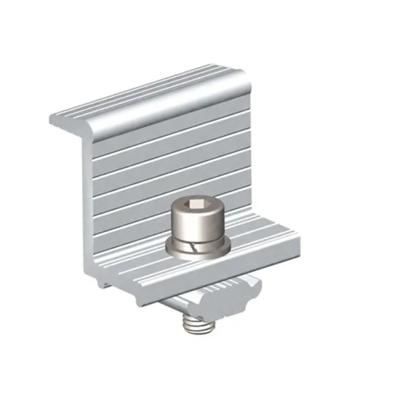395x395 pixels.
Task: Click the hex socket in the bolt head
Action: [x=198, y=208]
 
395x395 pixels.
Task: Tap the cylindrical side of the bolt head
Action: [x=198, y=226]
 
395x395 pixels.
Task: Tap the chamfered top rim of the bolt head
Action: [x=198, y=200]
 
